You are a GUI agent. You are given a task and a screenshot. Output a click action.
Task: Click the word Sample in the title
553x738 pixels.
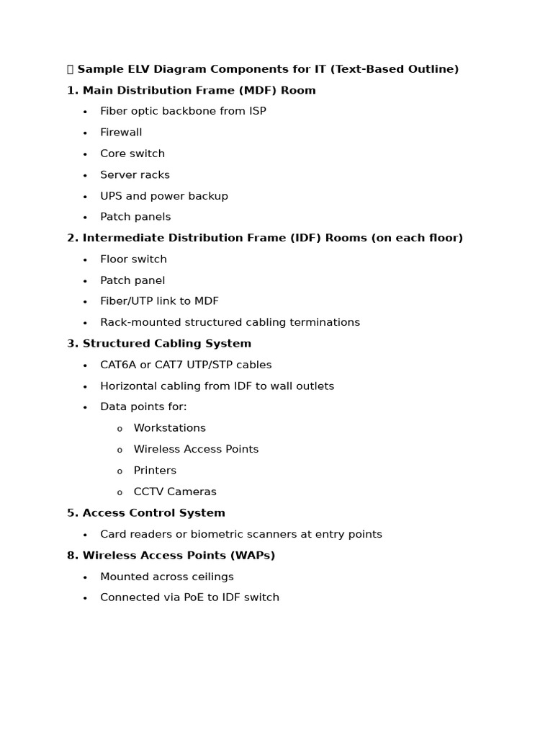pyautogui.click(x=99, y=69)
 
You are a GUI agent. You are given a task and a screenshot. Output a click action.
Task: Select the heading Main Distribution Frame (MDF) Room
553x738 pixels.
pyautogui.click(x=199, y=91)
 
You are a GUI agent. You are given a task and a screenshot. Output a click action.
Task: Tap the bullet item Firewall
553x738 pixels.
pyautogui.click(x=121, y=133)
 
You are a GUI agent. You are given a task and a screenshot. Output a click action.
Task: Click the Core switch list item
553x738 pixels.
pyautogui.click(x=132, y=154)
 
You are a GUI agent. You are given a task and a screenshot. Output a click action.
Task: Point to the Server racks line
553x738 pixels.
pyautogui.click(x=135, y=175)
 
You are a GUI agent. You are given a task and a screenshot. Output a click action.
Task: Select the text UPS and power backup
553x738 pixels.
pyautogui.click(x=163, y=196)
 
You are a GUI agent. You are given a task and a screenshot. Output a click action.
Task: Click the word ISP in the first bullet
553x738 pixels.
pyautogui.click(x=256, y=111)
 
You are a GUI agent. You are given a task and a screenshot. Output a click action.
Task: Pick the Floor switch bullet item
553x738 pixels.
pyautogui.click(x=133, y=259)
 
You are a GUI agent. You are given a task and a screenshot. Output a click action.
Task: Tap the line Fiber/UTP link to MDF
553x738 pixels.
pyautogui.click(x=159, y=301)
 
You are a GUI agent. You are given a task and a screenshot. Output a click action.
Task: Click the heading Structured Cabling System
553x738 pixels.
pyautogui.click(x=166, y=344)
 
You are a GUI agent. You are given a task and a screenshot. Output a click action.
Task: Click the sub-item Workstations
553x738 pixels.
pyautogui.click(x=169, y=428)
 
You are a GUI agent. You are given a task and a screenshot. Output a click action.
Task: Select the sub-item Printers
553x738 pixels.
pyautogui.click(x=155, y=471)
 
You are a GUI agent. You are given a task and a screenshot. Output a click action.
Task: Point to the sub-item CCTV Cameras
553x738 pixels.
pyautogui.click(x=175, y=492)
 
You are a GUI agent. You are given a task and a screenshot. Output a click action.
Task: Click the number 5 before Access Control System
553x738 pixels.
pyautogui.click(x=71, y=513)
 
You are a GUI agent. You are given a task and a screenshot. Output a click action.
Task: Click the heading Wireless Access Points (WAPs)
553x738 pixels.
pyautogui.click(x=179, y=556)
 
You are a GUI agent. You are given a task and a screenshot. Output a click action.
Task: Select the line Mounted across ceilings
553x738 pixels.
pyautogui.click(x=166, y=577)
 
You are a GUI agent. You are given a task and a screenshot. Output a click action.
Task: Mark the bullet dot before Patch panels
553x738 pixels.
pyautogui.click(x=85, y=218)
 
